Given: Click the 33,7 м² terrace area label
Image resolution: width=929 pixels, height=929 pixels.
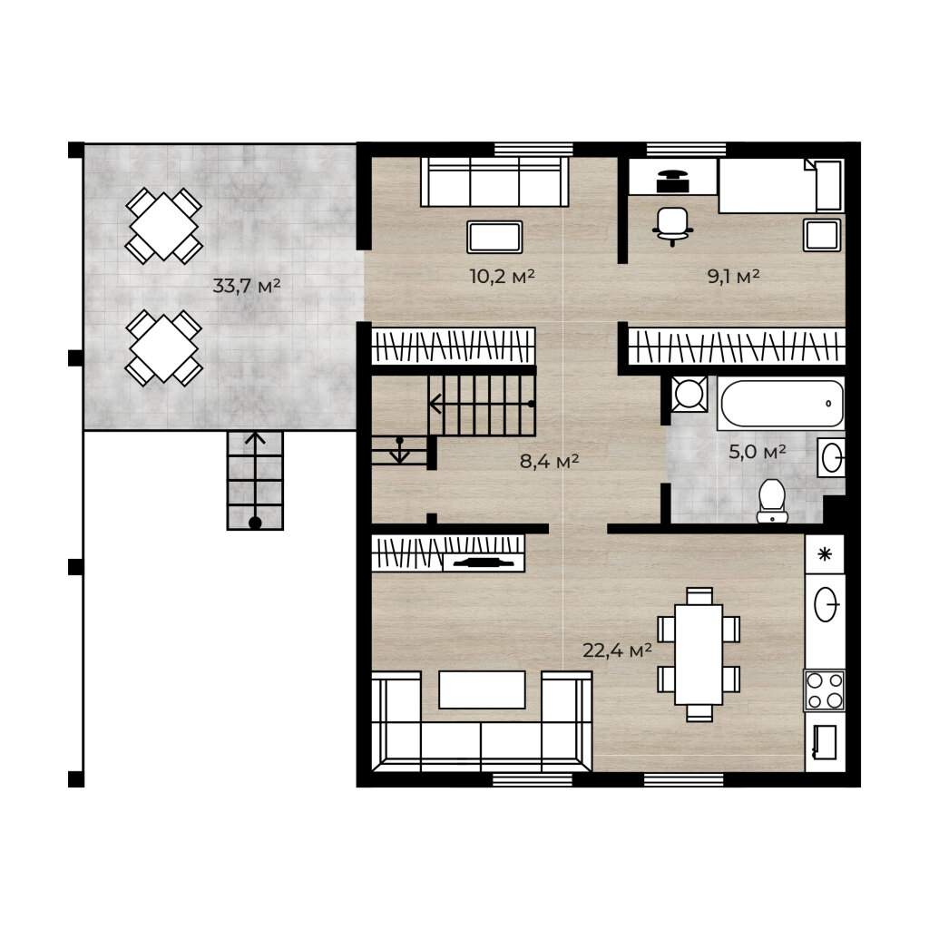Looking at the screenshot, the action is (x=246, y=286).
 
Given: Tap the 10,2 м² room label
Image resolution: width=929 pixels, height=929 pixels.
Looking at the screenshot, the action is (x=503, y=276).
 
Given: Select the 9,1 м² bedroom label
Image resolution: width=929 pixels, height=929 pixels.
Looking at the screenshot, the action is (x=733, y=276).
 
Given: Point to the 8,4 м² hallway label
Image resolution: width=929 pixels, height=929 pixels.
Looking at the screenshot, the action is (x=549, y=460).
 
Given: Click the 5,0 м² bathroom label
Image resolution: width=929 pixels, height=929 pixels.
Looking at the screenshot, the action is (x=758, y=452).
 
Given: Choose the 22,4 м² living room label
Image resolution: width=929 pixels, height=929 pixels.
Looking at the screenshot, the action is (x=617, y=650).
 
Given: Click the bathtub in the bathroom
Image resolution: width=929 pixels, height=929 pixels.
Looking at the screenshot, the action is (x=781, y=403).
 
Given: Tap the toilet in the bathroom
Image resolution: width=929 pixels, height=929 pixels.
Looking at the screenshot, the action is (x=772, y=501).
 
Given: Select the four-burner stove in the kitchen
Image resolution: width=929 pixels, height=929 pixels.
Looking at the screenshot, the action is (x=824, y=689).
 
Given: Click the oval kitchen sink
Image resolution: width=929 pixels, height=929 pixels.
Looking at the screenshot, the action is (x=826, y=604).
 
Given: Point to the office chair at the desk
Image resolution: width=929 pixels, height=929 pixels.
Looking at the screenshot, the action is (x=672, y=226).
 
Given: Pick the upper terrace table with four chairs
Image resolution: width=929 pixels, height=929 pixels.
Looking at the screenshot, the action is (x=163, y=226).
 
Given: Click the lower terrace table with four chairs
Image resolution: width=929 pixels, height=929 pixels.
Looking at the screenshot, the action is (x=163, y=347).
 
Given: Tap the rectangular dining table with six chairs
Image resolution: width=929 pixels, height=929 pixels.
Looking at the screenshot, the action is (x=699, y=654).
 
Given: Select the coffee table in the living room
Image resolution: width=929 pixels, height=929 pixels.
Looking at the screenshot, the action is (x=482, y=689).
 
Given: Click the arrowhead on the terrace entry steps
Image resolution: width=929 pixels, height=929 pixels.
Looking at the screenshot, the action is (x=255, y=438).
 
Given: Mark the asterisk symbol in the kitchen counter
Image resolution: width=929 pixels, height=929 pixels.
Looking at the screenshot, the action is (x=825, y=554).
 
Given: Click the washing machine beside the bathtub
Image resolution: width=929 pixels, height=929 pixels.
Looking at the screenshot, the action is (x=689, y=394).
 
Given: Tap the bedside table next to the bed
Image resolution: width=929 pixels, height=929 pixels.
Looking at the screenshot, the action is (x=822, y=235).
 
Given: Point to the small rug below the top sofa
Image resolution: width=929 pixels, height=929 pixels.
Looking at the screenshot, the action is (x=494, y=237).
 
